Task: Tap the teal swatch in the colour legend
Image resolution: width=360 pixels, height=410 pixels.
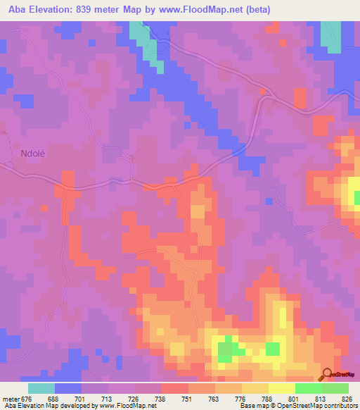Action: point(41,388)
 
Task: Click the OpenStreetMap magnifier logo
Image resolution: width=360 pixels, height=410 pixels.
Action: point(328,375)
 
